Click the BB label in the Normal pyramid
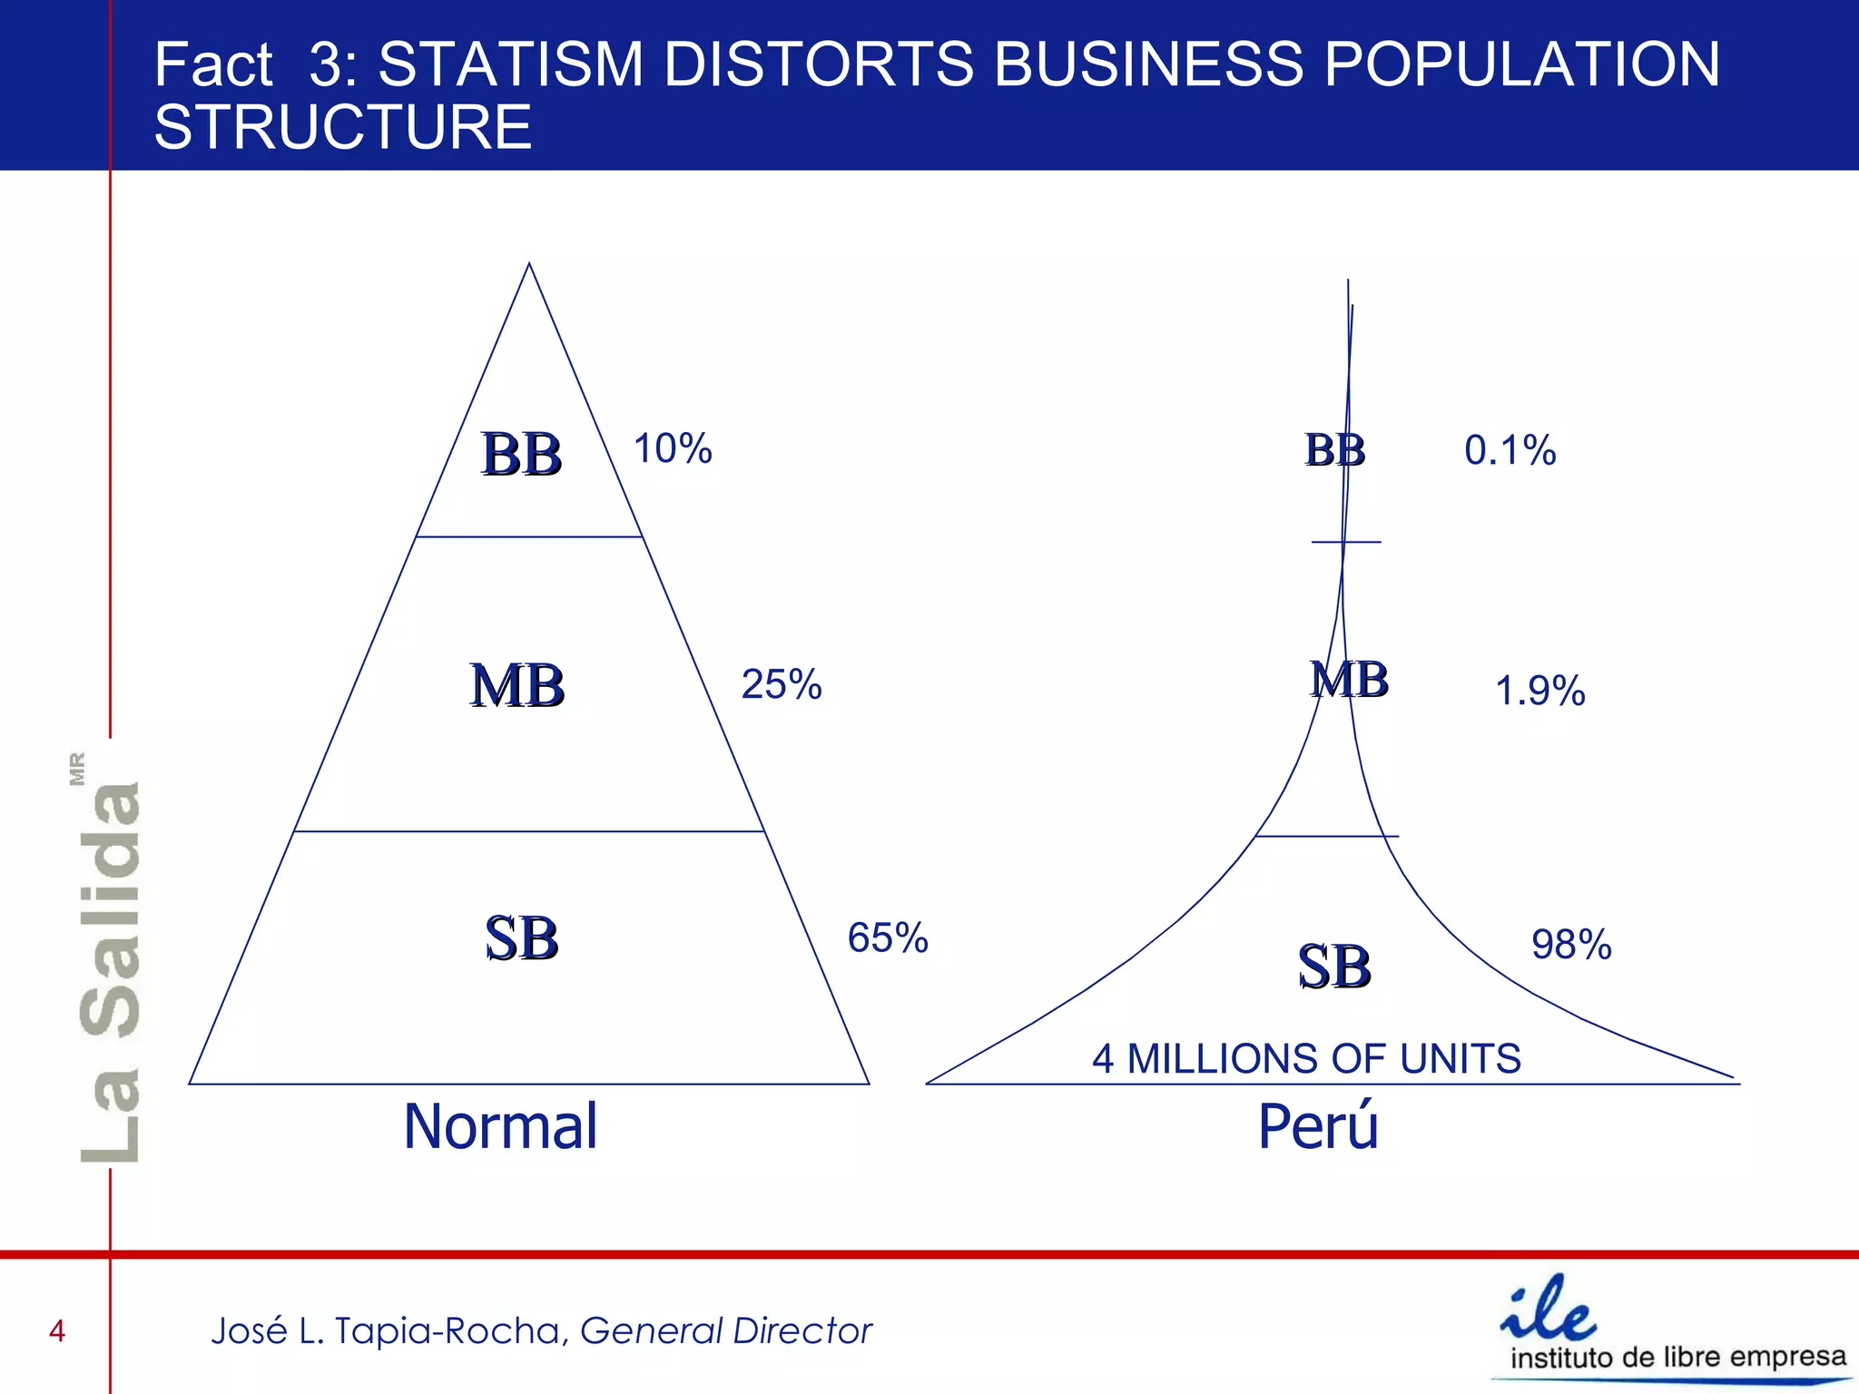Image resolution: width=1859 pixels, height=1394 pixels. pos(521,454)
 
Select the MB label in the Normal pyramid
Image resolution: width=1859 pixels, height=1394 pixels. pos(517,685)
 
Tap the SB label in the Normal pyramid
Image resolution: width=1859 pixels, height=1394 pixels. pos(521,938)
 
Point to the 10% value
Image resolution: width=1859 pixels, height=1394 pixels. pos(673,448)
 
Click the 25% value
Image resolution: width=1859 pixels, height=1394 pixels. pos(782,684)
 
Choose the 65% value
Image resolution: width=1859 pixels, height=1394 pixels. pos(888,938)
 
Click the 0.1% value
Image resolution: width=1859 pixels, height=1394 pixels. pos(1510,451)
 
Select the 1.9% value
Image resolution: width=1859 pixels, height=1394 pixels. pos(1540,691)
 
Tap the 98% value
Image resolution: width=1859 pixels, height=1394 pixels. pos(1572,945)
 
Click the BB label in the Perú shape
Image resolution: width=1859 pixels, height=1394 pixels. pos(1335,450)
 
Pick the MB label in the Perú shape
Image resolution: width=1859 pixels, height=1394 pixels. pos(1350,680)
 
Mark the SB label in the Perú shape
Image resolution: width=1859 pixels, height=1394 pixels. pos(1334,967)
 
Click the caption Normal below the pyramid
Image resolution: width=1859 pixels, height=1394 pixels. pos(501,1126)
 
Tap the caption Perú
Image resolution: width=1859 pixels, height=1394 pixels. pos(1318,1126)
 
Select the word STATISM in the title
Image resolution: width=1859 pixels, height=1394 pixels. pos(511,64)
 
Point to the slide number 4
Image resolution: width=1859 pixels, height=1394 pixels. pos(57,1331)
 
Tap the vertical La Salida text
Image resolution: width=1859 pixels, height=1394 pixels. pos(110,971)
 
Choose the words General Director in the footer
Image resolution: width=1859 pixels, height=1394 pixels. pos(726,1331)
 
